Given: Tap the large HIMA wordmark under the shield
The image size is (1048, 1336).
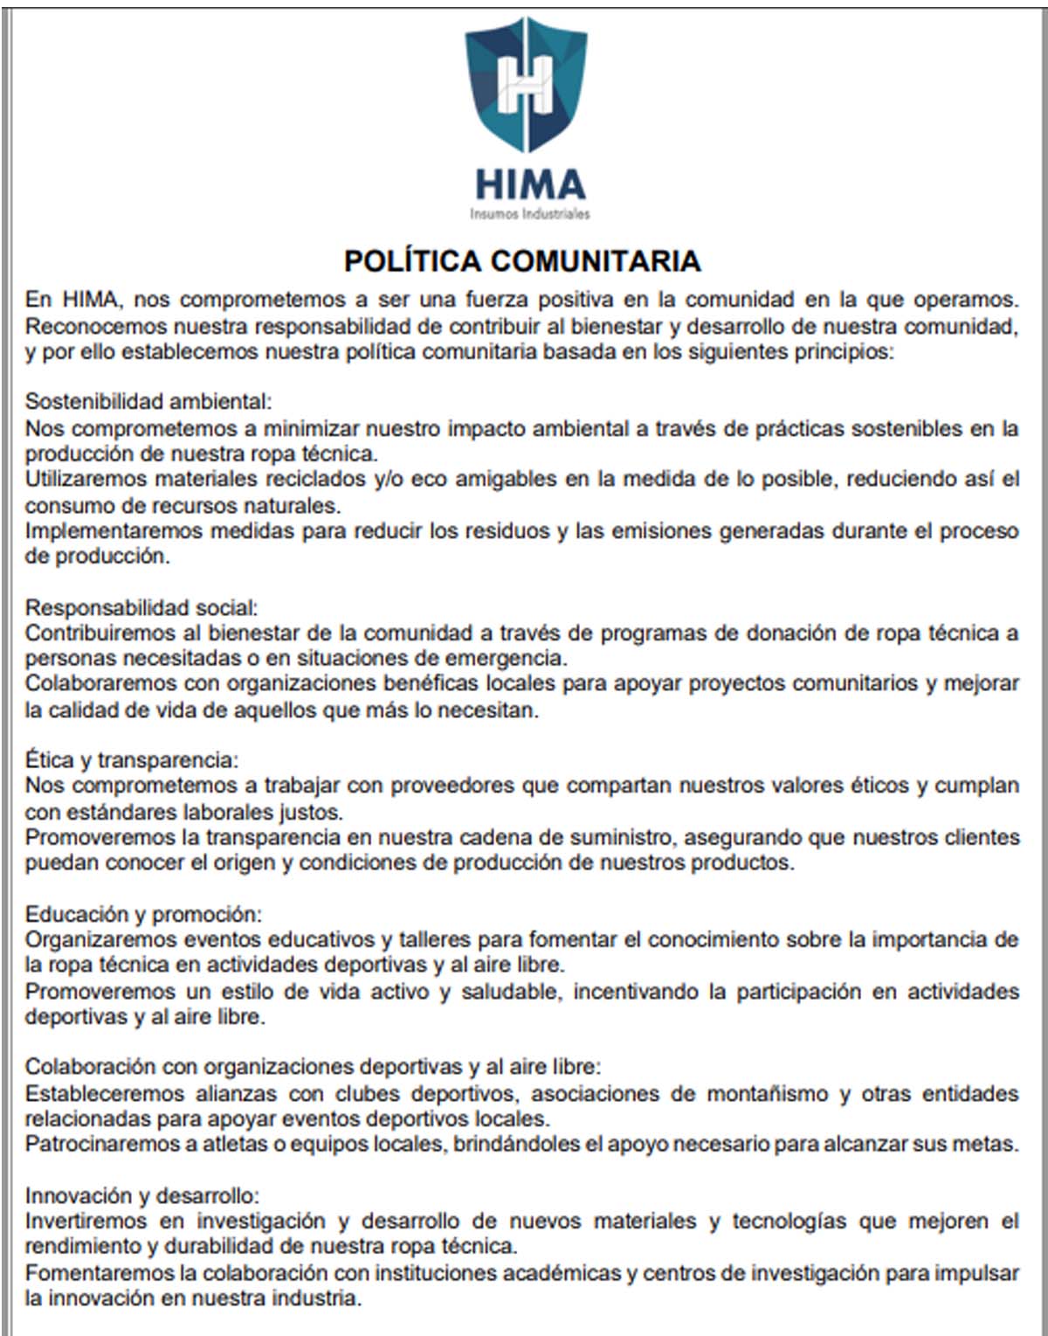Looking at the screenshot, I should [x=529, y=184].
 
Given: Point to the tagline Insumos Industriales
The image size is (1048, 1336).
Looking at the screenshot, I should [x=529, y=213].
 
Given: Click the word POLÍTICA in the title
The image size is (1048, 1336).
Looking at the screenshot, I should [x=412, y=260].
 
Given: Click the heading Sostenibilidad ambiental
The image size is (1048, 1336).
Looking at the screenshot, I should [x=148, y=401].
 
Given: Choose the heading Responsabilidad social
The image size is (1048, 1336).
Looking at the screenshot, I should [x=141, y=607].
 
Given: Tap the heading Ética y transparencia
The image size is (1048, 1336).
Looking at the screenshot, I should [x=131, y=759].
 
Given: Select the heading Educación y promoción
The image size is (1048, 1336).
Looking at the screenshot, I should [x=143, y=914].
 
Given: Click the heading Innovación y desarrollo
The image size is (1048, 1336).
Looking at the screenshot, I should [x=141, y=1195].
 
